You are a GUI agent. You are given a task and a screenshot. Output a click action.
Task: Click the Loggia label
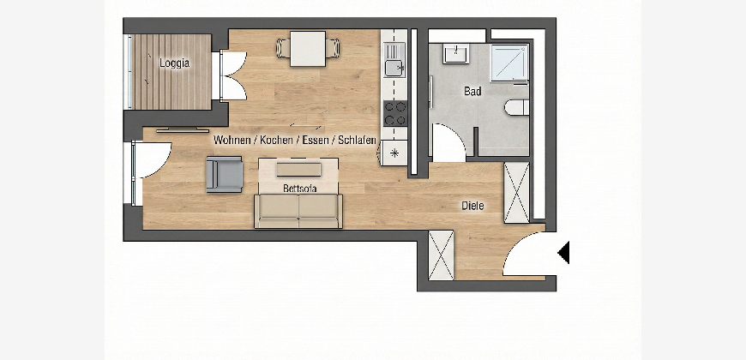point(174,63)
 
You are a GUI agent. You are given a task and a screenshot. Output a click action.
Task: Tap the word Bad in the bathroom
point(472,91)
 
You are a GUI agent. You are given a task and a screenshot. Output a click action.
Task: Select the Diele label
point(472,206)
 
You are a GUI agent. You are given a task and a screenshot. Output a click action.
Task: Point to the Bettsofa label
point(300,189)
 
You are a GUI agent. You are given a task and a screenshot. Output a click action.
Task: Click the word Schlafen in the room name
point(358,141)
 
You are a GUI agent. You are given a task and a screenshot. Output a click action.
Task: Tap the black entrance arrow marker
point(563,253)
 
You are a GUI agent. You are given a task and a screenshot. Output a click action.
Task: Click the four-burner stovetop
point(395,113)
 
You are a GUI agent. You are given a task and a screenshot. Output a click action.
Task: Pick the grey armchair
point(224,174)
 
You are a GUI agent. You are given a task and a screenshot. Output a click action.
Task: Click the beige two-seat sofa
point(298,211)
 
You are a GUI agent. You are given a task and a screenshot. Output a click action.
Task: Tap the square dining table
point(308,49)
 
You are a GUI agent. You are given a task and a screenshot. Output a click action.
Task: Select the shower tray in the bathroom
point(509,63)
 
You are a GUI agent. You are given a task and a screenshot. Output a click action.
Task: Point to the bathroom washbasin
point(456,53)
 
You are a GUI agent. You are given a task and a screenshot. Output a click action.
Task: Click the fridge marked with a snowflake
point(394,153)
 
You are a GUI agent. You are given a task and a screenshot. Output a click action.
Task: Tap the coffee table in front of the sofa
point(298,170)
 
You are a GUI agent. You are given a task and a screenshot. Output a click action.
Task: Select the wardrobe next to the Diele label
point(517,193)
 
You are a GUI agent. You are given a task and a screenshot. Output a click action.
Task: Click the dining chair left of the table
point(283,48)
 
